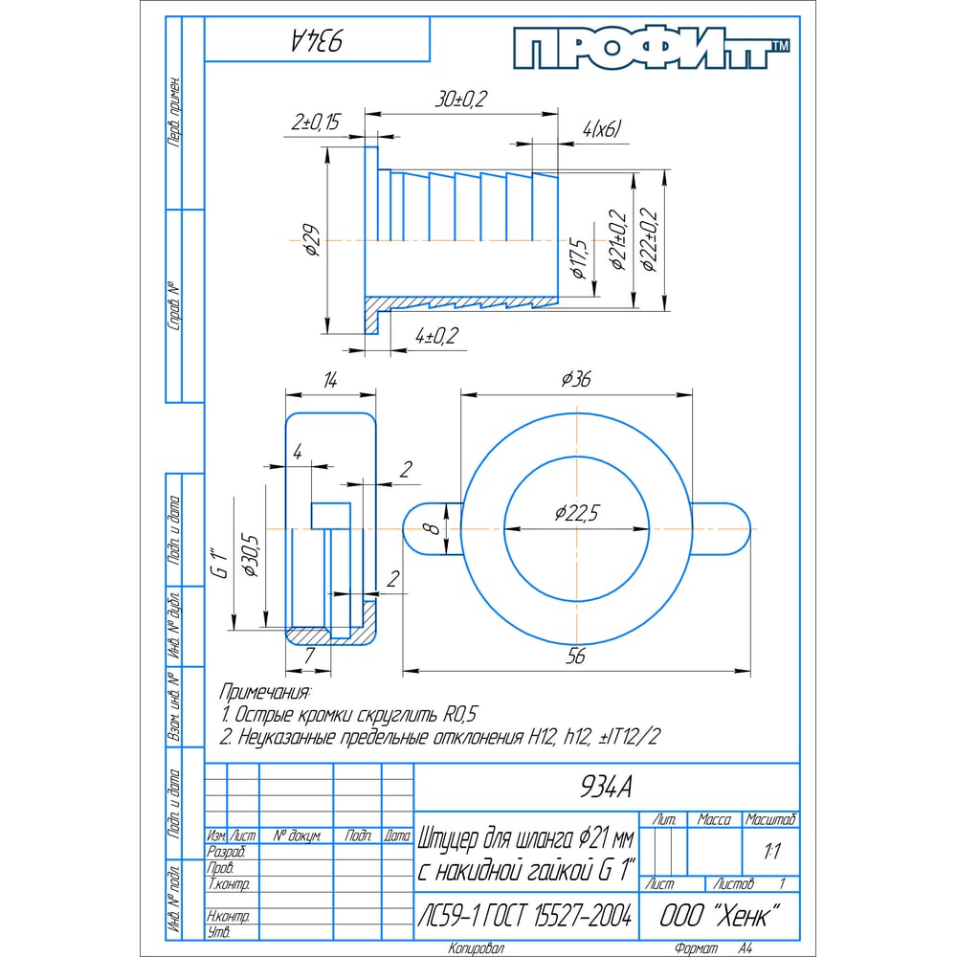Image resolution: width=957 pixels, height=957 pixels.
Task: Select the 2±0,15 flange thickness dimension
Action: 317,122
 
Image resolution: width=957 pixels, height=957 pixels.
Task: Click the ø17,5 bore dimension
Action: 577,258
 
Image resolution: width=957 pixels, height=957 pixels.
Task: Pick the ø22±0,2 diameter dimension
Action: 650,240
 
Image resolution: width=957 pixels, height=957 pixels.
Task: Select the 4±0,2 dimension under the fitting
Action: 437,335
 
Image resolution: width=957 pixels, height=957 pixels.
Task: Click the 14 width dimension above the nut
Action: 329,380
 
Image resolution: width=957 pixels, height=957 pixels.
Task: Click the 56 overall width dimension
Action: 575,657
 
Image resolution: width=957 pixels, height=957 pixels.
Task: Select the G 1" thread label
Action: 219,564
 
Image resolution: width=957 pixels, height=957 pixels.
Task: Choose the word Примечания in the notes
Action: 265,691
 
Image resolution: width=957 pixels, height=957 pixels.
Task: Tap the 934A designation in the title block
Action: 606,787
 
